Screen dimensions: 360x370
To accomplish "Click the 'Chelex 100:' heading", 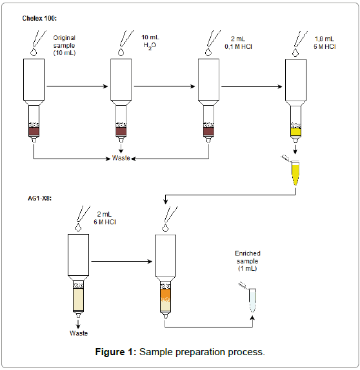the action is pos(39,18).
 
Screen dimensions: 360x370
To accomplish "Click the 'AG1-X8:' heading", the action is pos(40,199).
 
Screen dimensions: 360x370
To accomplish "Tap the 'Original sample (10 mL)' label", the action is pos(65,45).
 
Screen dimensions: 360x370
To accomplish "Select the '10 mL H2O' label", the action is pos(150,42).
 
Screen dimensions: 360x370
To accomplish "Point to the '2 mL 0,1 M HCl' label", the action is pos(238,43).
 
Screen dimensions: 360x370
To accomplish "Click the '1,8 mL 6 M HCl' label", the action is pos(325,43).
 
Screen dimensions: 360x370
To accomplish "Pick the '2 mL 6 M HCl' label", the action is pos(105,218).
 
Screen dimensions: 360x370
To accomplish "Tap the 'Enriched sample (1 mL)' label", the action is pos(248,261).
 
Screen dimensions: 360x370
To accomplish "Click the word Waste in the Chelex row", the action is pos(121,158).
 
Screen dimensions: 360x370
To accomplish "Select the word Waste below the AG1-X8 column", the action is pos(79,333).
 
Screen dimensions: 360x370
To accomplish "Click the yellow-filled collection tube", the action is pos(295,173).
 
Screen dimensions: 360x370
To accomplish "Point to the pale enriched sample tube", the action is pos(252,300).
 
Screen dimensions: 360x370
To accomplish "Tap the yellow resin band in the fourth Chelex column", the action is pos(295,132).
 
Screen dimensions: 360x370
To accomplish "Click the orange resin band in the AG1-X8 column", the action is pos(165,295).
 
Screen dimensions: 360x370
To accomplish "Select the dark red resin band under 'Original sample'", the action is pos(34,131).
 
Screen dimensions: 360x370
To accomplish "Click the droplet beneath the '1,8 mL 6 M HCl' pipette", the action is pos(295,53).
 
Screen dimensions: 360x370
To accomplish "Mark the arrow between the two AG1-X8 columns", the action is pos(122,262).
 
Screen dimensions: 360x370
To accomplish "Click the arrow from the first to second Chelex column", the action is pos(77,86).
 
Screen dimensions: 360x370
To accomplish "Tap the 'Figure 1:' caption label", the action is pos(115,352).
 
